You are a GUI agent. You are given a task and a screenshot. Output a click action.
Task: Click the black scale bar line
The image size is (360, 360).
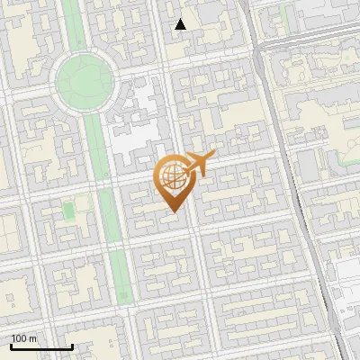tap(41, 346)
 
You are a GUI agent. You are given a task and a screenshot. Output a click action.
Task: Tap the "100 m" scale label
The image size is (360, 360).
tap(24, 338)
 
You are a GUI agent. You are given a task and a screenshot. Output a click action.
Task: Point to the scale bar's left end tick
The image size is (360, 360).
tap(11, 345)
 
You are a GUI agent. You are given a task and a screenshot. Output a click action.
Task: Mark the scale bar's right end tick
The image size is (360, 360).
tap(72, 345)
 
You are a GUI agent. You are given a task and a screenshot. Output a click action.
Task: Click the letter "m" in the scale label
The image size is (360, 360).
tap(33, 338)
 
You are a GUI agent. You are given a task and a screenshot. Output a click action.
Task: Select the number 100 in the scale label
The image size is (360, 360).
tap(20, 338)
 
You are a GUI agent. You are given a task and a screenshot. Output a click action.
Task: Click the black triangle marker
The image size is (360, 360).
tap(181, 24)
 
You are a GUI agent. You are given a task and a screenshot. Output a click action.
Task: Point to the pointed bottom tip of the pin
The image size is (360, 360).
tap(173, 212)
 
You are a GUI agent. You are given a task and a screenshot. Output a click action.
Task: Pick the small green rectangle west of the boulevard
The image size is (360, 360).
tap(67, 211)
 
